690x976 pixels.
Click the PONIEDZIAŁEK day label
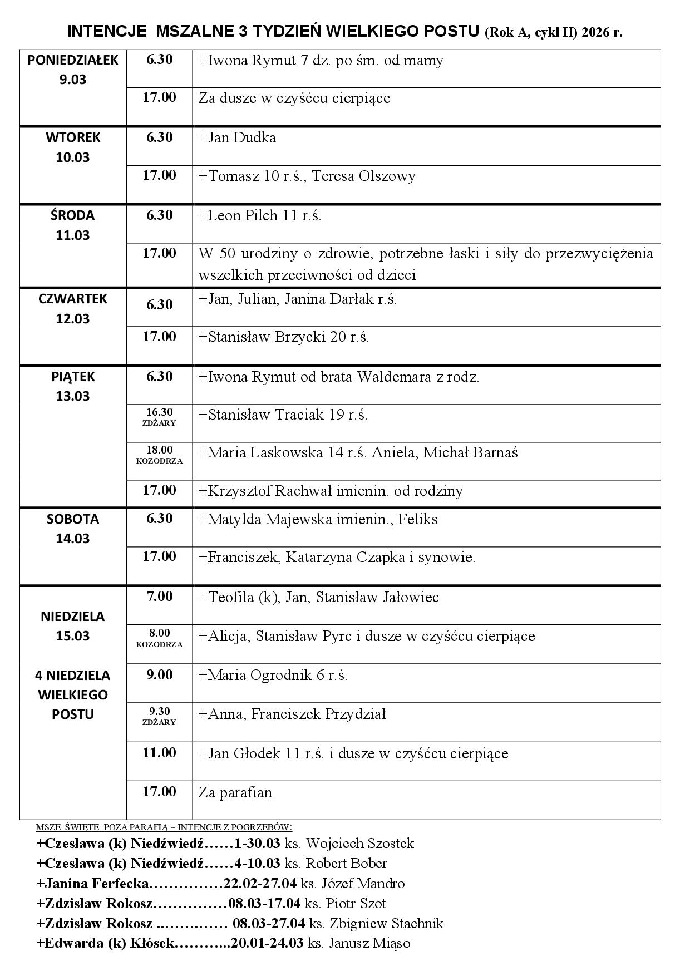[73, 60]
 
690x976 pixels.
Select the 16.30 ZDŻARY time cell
[159, 417]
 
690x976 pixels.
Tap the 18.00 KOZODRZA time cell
[159, 455]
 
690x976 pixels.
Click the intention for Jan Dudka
[237, 138]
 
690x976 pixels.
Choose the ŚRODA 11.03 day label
[73, 225]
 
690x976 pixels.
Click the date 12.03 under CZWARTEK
[73, 319]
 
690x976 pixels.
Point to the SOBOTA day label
[73, 519]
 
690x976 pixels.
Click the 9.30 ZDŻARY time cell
[159, 716]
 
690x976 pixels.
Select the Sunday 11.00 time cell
[159, 753]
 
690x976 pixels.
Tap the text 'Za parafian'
[235, 792]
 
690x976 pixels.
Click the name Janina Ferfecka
[93, 884]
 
